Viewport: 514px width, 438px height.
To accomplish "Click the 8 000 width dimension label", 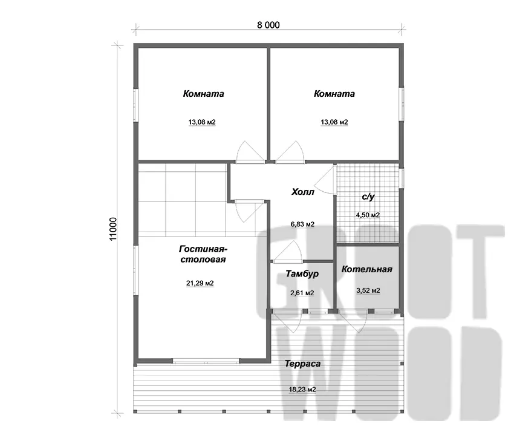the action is tap(268, 25).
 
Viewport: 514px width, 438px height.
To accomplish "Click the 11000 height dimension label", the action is tap(113, 229).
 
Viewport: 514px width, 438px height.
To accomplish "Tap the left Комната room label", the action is tap(203, 94).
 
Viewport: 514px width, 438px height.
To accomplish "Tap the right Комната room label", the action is tap(334, 94).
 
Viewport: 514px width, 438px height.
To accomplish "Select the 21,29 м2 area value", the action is tap(200, 283).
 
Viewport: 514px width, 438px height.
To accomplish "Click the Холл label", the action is tap(302, 192).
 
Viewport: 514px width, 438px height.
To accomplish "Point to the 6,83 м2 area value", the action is tap(302, 224).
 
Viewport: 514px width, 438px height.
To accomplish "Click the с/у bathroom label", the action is tap(368, 197).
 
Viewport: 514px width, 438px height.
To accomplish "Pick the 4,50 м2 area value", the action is tap(368, 215).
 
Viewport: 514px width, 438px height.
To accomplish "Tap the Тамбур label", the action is tap(302, 273).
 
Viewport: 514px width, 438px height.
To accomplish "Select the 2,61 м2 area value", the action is tap(302, 293).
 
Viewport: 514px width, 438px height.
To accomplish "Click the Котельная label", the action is tap(367, 269).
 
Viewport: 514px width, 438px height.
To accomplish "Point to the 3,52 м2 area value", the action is tap(368, 290).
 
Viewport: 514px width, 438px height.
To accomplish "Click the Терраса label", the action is tap(302, 364).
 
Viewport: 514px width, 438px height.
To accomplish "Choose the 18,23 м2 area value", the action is tap(302, 390).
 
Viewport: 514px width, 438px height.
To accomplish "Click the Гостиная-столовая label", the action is tap(203, 254).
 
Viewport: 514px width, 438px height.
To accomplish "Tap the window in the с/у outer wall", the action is tap(402, 178).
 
